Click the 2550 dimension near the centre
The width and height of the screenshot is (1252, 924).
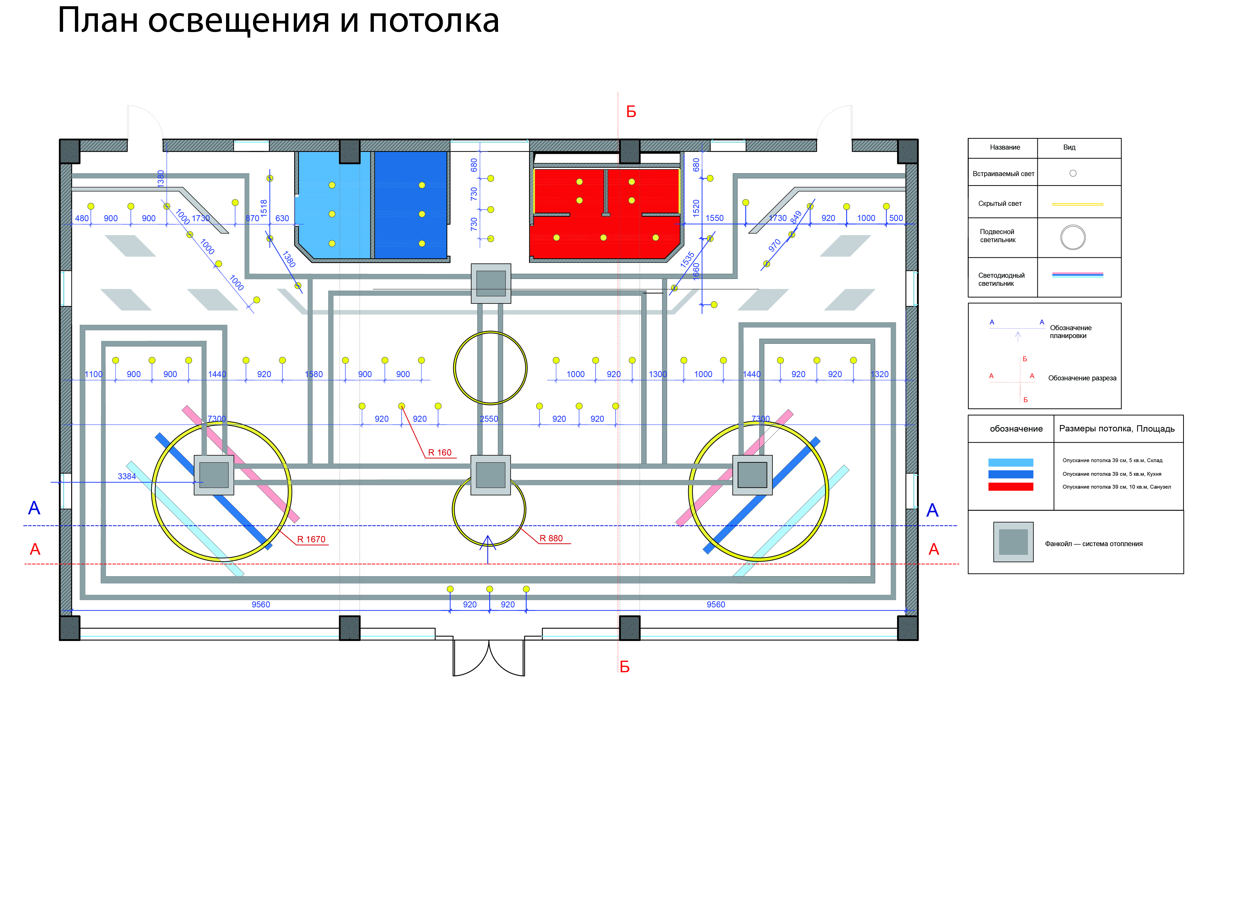[489, 419]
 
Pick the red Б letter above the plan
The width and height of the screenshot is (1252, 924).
[631, 112]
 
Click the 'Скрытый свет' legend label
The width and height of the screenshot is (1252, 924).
[1000, 204]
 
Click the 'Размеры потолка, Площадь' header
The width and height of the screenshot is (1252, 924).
[1117, 429]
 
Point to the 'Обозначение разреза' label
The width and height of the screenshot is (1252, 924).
[1082, 378]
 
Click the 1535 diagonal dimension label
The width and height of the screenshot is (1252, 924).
[687, 260]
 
